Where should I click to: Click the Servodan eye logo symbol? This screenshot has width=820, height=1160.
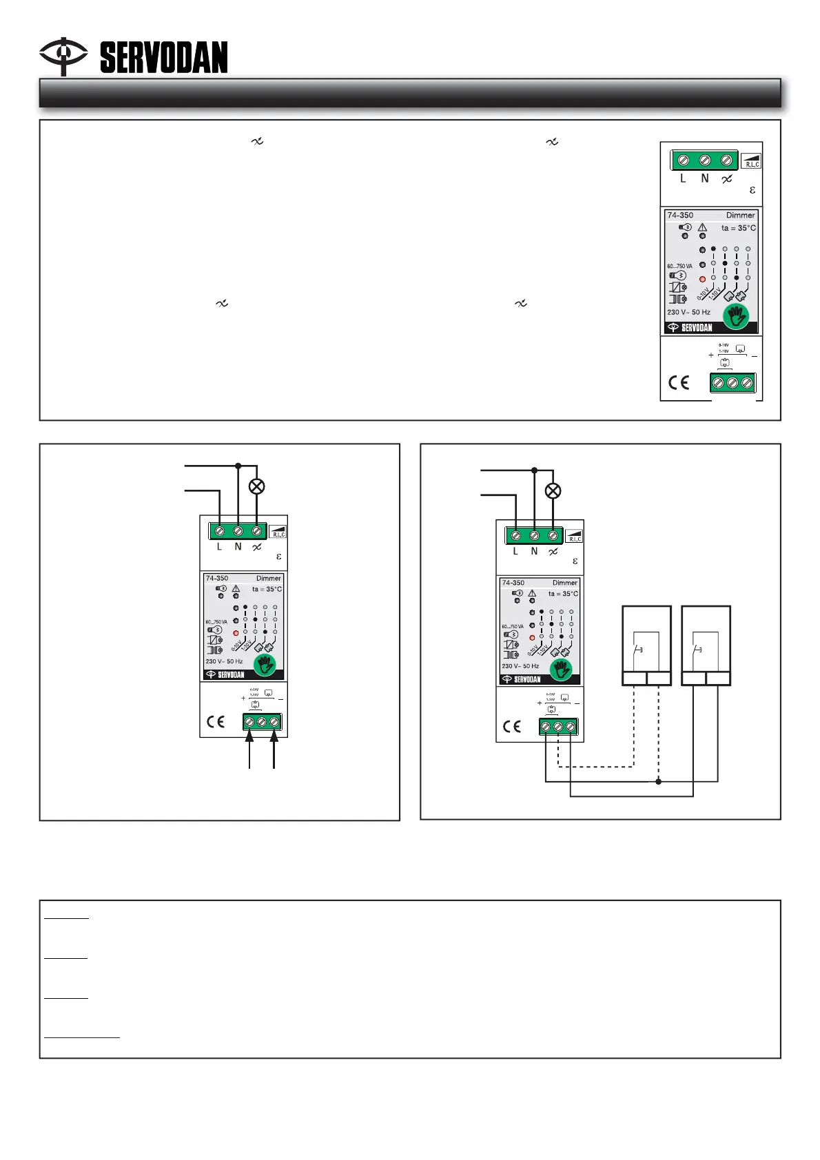[63, 55]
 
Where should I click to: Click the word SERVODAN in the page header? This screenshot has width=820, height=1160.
[164, 58]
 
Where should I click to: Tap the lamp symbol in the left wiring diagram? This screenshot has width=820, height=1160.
[256, 486]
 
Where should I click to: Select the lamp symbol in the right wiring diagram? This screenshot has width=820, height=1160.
[553, 491]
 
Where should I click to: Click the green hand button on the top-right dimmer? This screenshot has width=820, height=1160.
[737, 316]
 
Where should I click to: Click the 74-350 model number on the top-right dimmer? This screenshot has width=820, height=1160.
[680, 216]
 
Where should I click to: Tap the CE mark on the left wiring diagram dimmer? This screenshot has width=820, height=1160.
[216, 722]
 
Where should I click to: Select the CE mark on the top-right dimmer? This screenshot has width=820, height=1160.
[679, 383]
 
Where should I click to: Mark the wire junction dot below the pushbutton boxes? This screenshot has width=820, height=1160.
[659, 781]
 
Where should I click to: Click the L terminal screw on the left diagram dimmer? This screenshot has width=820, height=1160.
[219, 531]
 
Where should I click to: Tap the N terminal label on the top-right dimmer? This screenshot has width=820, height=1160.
[705, 178]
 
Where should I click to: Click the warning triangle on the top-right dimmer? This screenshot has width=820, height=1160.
[702, 227]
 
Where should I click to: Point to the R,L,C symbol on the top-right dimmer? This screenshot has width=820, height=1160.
[752, 162]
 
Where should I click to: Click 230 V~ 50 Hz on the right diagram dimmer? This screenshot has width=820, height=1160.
[520, 666]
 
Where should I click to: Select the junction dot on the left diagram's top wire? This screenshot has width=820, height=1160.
[238, 466]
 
